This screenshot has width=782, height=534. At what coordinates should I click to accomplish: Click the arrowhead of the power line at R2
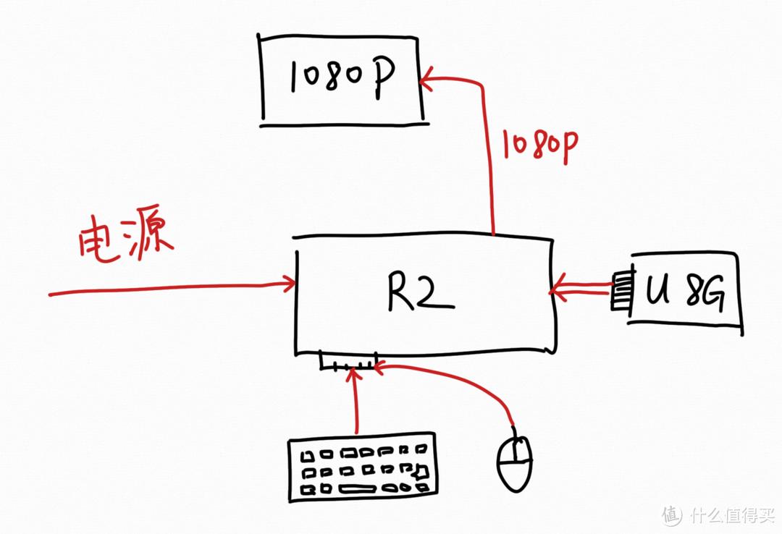click(290, 284)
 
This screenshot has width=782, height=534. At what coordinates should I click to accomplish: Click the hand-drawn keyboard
click(362, 467)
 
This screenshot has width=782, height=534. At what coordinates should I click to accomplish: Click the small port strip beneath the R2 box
click(348, 361)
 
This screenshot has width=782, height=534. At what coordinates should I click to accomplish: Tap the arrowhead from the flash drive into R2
click(555, 292)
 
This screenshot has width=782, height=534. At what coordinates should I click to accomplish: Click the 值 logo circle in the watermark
click(671, 514)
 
